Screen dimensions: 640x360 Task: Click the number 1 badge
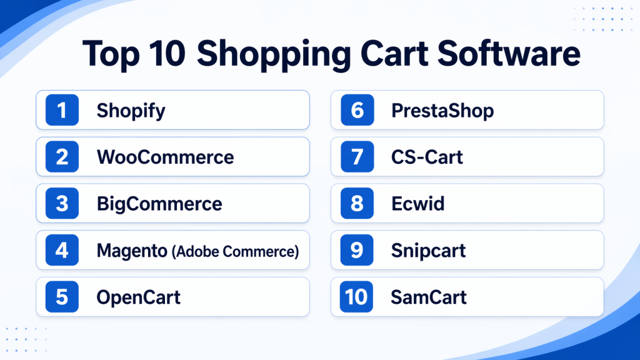[x=62, y=110]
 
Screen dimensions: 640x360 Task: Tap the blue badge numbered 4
[x=62, y=250]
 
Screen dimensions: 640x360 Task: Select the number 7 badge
[x=357, y=157]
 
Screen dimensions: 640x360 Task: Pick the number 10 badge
[x=356, y=297]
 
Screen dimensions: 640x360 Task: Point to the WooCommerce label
[x=165, y=157]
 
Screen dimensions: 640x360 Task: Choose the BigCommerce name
[x=159, y=204]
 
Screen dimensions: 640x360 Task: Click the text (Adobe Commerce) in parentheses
[x=236, y=251]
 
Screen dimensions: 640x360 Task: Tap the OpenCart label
[x=138, y=297]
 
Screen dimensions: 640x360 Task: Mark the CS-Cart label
[x=427, y=157]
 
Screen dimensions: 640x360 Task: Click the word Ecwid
[x=418, y=204]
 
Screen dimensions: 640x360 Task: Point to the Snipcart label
[x=429, y=251]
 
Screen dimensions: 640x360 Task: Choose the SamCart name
[x=429, y=297]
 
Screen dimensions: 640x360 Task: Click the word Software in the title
[x=509, y=54]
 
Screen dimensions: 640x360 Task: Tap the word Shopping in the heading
[x=274, y=56]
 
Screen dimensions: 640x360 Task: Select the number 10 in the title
[x=167, y=54]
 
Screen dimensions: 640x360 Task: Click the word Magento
[x=132, y=251]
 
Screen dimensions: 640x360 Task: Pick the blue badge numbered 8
[x=357, y=203]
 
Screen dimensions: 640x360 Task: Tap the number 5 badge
[x=62, y=297]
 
